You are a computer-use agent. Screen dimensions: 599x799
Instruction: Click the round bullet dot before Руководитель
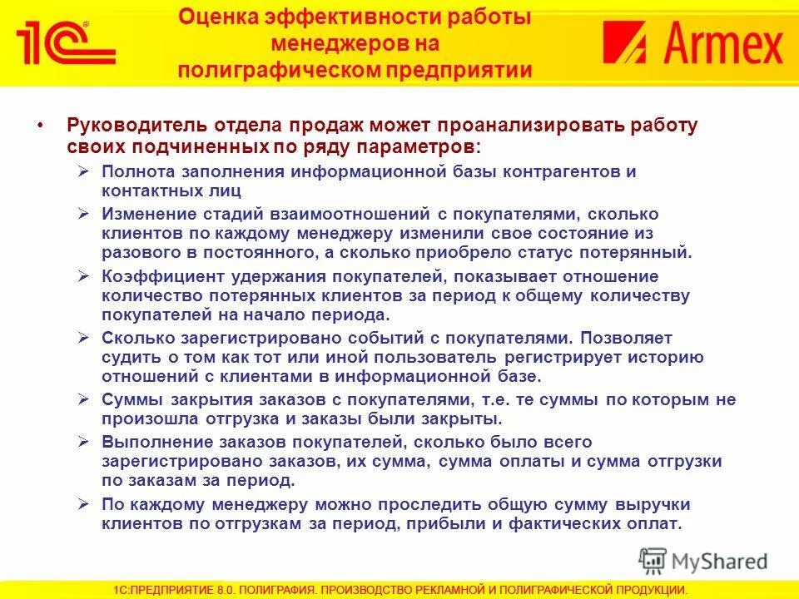[41, 126]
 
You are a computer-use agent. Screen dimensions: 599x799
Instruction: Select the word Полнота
[136, 171]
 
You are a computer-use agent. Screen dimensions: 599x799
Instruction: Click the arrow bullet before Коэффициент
[83, 275]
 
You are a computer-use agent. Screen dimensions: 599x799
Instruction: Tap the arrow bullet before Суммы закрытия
[83, 399]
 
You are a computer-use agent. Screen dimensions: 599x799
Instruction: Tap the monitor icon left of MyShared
[653, 560]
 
